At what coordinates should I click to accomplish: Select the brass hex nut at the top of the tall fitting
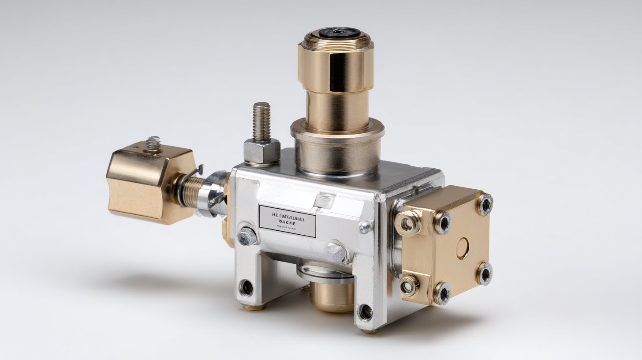336,66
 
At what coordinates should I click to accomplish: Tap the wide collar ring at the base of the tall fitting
337,128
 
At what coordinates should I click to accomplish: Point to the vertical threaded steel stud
261,121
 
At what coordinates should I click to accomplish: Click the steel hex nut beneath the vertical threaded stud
262,151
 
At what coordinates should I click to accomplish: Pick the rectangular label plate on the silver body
287,221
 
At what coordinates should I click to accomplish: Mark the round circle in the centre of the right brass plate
463,248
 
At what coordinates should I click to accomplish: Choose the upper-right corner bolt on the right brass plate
485,204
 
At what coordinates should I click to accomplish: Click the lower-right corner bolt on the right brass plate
484,274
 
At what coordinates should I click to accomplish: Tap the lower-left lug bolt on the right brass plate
408,285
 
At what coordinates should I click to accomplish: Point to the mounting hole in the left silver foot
246,288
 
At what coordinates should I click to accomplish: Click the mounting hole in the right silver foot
366,312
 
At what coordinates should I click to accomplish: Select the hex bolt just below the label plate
336,252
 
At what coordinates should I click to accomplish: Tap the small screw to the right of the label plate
365,227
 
